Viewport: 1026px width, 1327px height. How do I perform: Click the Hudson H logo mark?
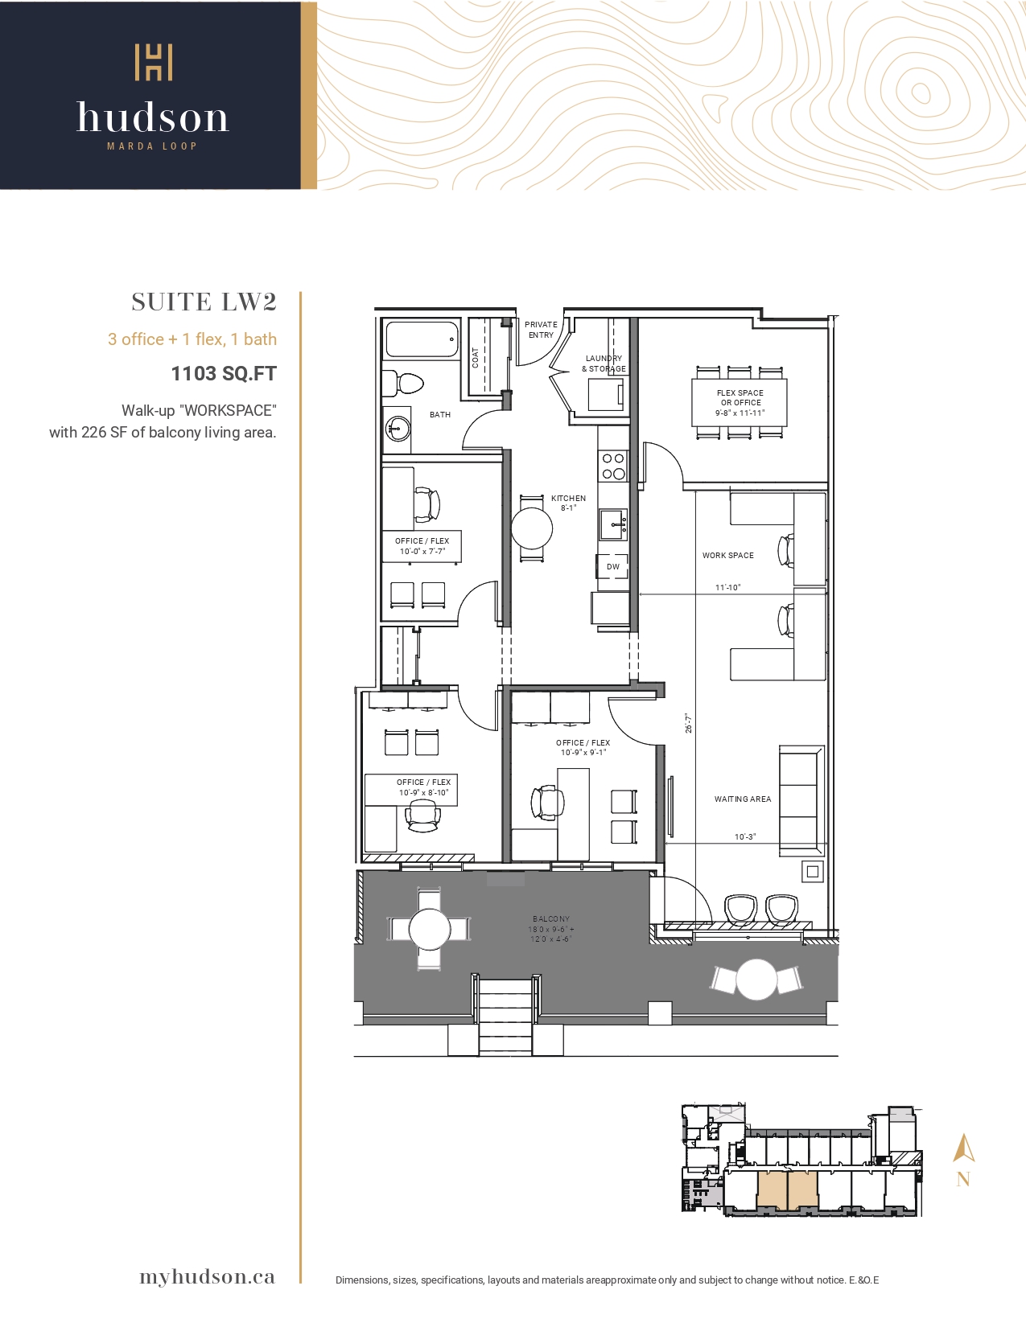154,62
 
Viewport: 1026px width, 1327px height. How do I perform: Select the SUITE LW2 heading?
204,302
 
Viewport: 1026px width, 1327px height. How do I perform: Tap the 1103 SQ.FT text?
224,374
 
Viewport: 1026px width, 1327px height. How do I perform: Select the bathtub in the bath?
421,339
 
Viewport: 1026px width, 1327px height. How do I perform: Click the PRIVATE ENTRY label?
541,330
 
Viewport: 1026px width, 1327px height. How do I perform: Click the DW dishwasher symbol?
613,567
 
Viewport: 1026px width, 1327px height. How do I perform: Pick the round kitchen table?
532,528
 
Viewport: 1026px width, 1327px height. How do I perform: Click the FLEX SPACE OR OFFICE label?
740,402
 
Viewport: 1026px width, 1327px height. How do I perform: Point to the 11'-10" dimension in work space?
727,587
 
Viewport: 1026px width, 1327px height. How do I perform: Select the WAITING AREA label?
743,799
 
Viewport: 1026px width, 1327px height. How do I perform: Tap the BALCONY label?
551,918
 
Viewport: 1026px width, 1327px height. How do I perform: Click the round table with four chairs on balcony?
430,930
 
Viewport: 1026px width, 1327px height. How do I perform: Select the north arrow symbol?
964,1148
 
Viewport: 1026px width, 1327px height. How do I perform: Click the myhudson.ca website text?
207,1277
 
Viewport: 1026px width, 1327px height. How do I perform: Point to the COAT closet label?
475,358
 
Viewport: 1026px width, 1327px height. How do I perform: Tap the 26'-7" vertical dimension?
688,723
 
